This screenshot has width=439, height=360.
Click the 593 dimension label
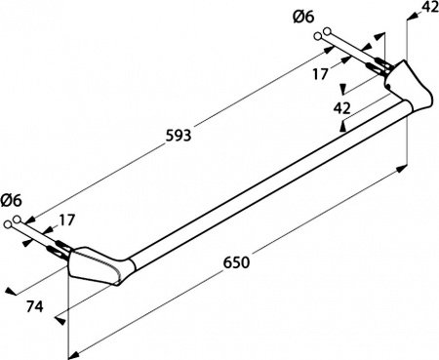click(x=179, y=136)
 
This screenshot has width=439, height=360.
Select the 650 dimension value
click(x=236, y=262)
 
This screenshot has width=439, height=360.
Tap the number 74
click(x=34, y=306)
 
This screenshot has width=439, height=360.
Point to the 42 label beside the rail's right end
click(x=342, y=108)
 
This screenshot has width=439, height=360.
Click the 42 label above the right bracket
click(x=431, y=7)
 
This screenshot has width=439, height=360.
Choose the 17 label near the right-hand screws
click(x=321, y=74)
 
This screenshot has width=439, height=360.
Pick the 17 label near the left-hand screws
click(x=67, y=220)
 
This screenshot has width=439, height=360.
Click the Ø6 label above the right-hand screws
click(x=303, y=17)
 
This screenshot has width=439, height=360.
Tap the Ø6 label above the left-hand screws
click(x=12, y=200)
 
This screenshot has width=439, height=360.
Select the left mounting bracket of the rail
click(x=95, y=266)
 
